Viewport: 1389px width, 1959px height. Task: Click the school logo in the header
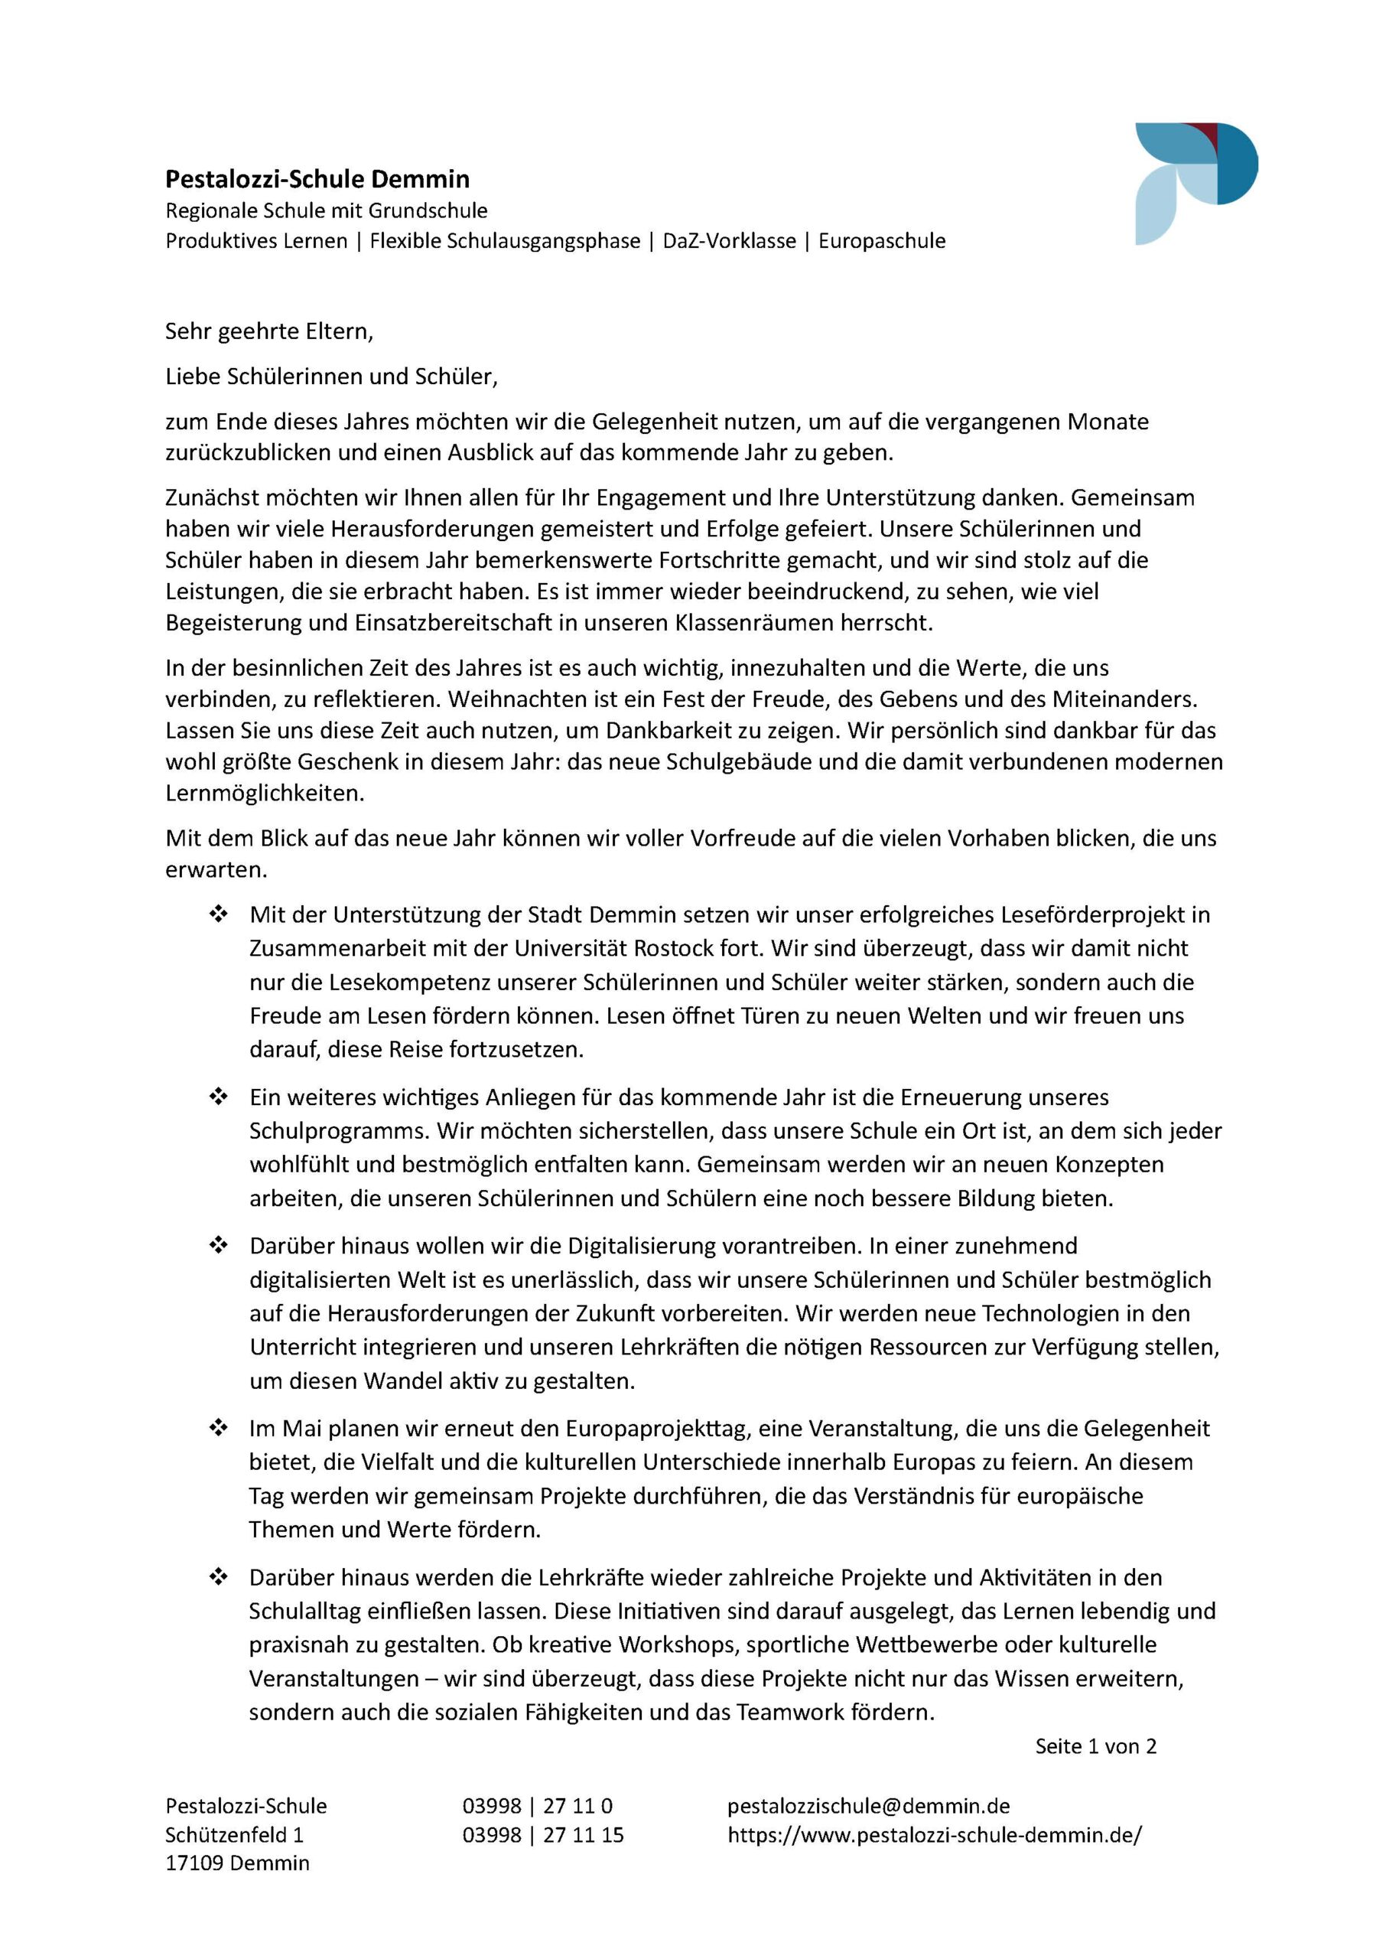(1195, 183)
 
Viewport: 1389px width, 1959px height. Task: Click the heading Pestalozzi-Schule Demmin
(317, 179)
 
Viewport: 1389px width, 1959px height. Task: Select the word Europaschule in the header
(882, 241)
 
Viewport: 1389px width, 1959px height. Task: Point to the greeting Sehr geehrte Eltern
(268, 331)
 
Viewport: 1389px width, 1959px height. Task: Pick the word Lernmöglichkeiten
(265, 793)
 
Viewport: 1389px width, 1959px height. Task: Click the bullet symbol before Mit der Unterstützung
(218, 914)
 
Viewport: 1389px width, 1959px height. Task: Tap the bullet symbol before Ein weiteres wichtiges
(218, 1096)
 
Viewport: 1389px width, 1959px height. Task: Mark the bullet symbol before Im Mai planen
(218, 1428)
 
